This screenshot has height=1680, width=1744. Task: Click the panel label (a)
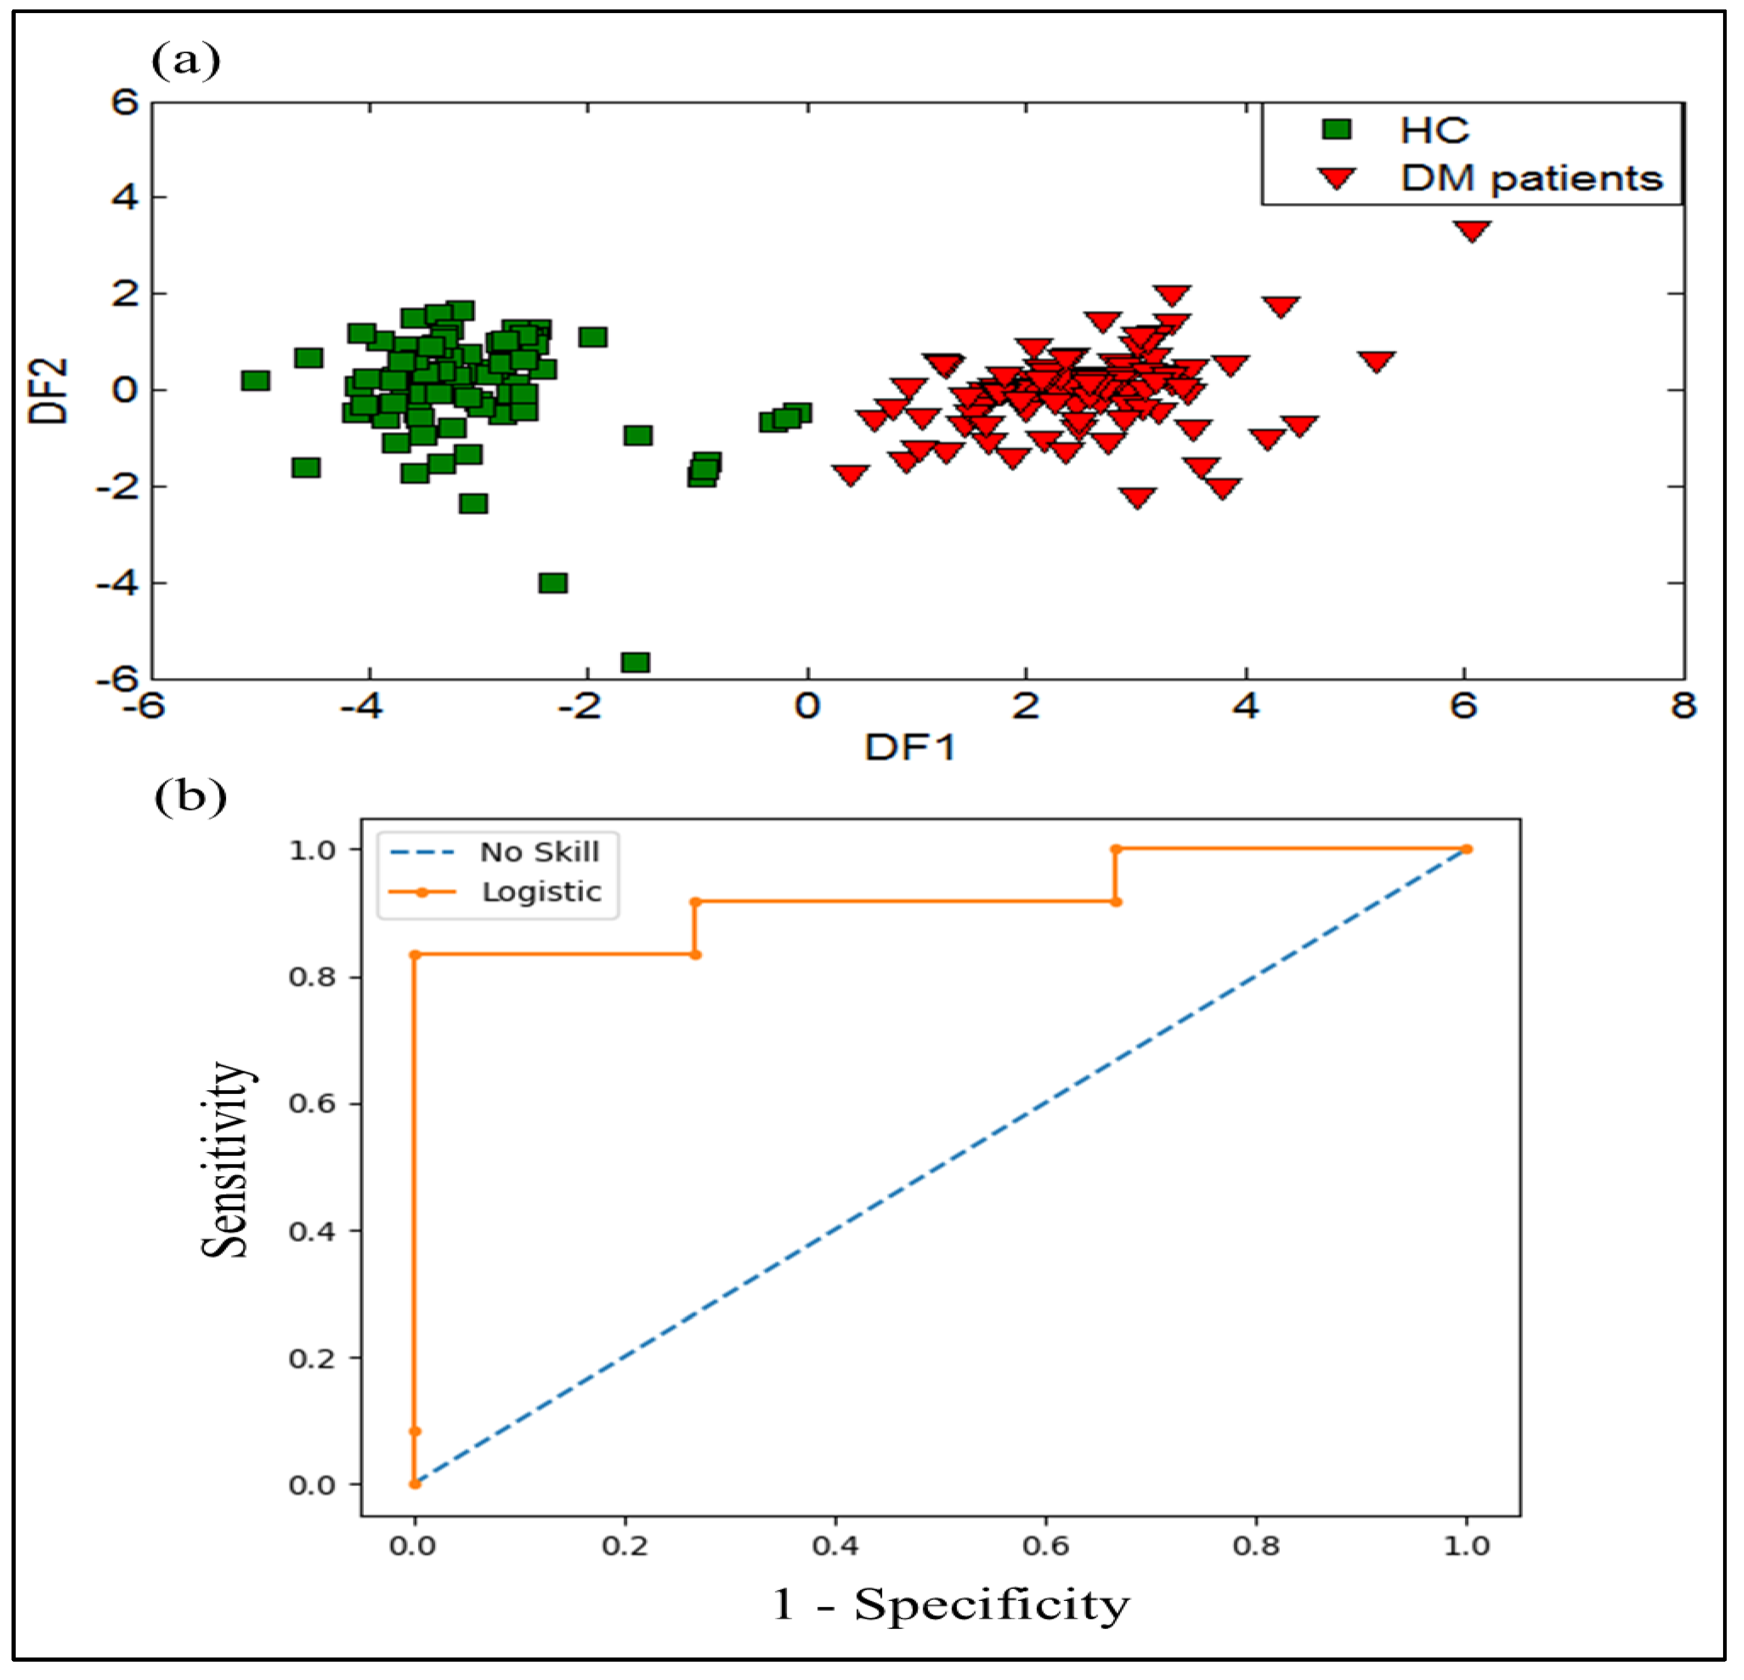[186, 61]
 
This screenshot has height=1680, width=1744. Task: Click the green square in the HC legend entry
[1336, 130]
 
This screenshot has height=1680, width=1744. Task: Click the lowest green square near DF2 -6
[635, 662]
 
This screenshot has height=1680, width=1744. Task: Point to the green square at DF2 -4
[553, 583]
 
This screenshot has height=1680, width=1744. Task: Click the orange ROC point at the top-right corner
[1467, 849]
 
